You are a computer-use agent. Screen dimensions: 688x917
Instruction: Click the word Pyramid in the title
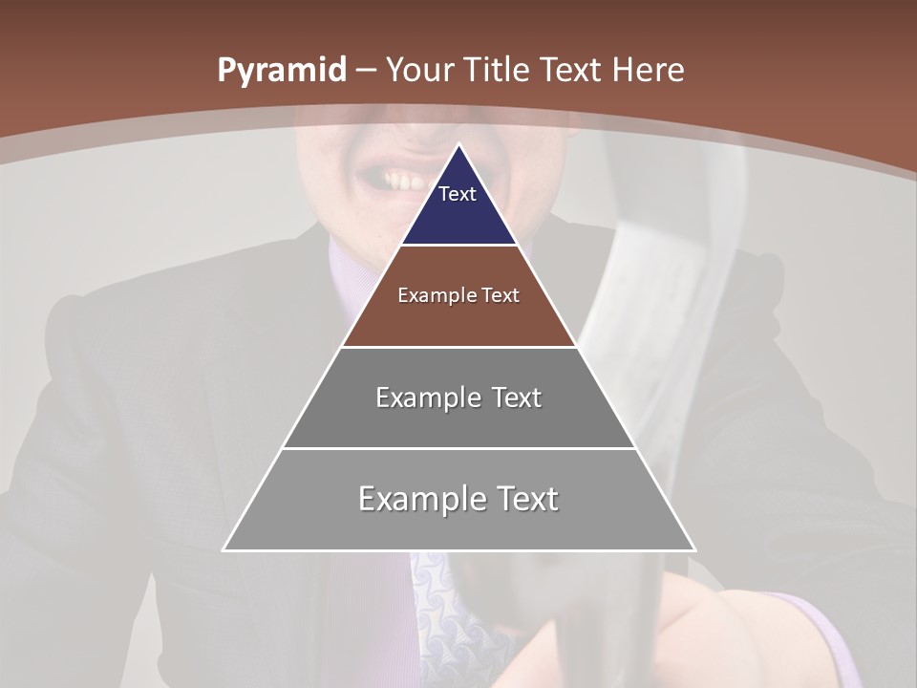coord(281,71)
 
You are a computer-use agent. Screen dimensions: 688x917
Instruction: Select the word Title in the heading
coord(498,71)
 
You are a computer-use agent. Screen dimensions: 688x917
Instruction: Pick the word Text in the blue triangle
coord(457,194)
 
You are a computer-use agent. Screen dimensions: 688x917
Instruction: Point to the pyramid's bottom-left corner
coord(224,549)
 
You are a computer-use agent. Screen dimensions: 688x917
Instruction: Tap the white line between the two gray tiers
coord(458,448)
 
